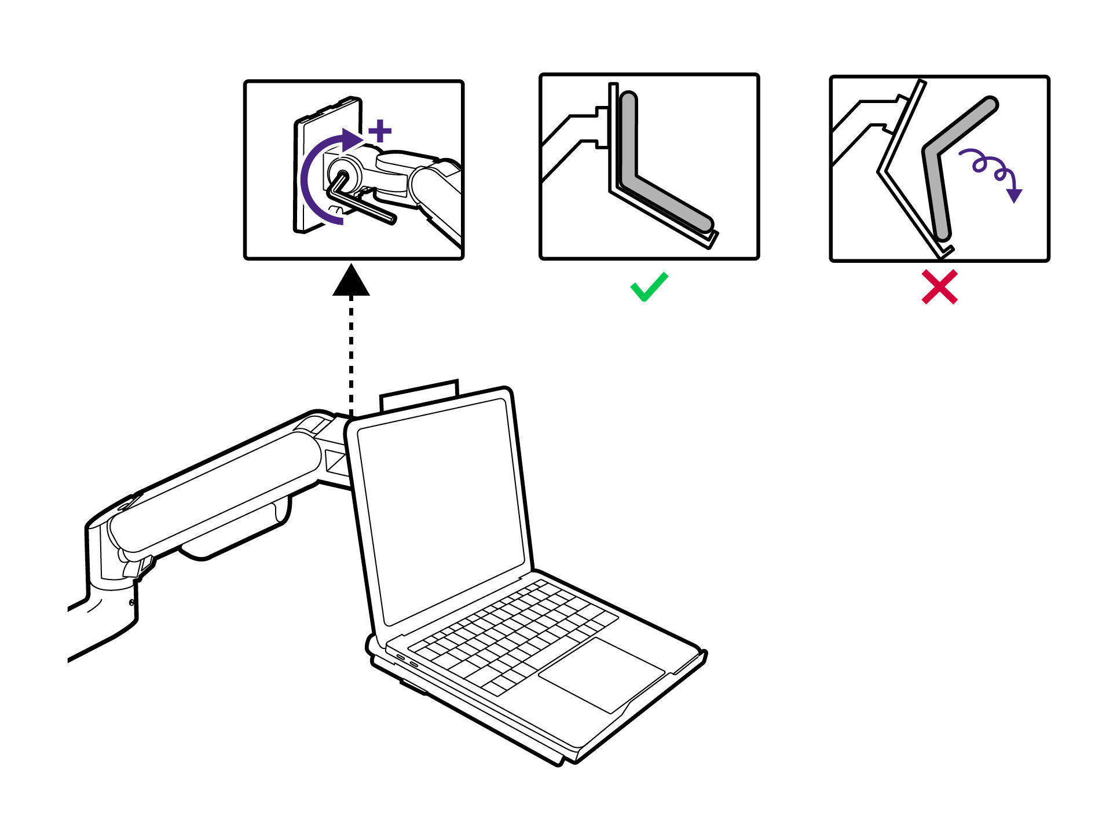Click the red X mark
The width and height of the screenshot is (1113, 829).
click(939, 287)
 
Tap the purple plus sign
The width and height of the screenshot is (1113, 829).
click(380, 131)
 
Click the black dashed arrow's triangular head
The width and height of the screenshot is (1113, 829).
click(351, 281)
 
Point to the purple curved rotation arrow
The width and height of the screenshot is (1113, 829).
click(310, 179)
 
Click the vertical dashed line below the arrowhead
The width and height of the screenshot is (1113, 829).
click(351, 353)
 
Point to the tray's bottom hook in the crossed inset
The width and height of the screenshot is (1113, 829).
click(945, 251)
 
